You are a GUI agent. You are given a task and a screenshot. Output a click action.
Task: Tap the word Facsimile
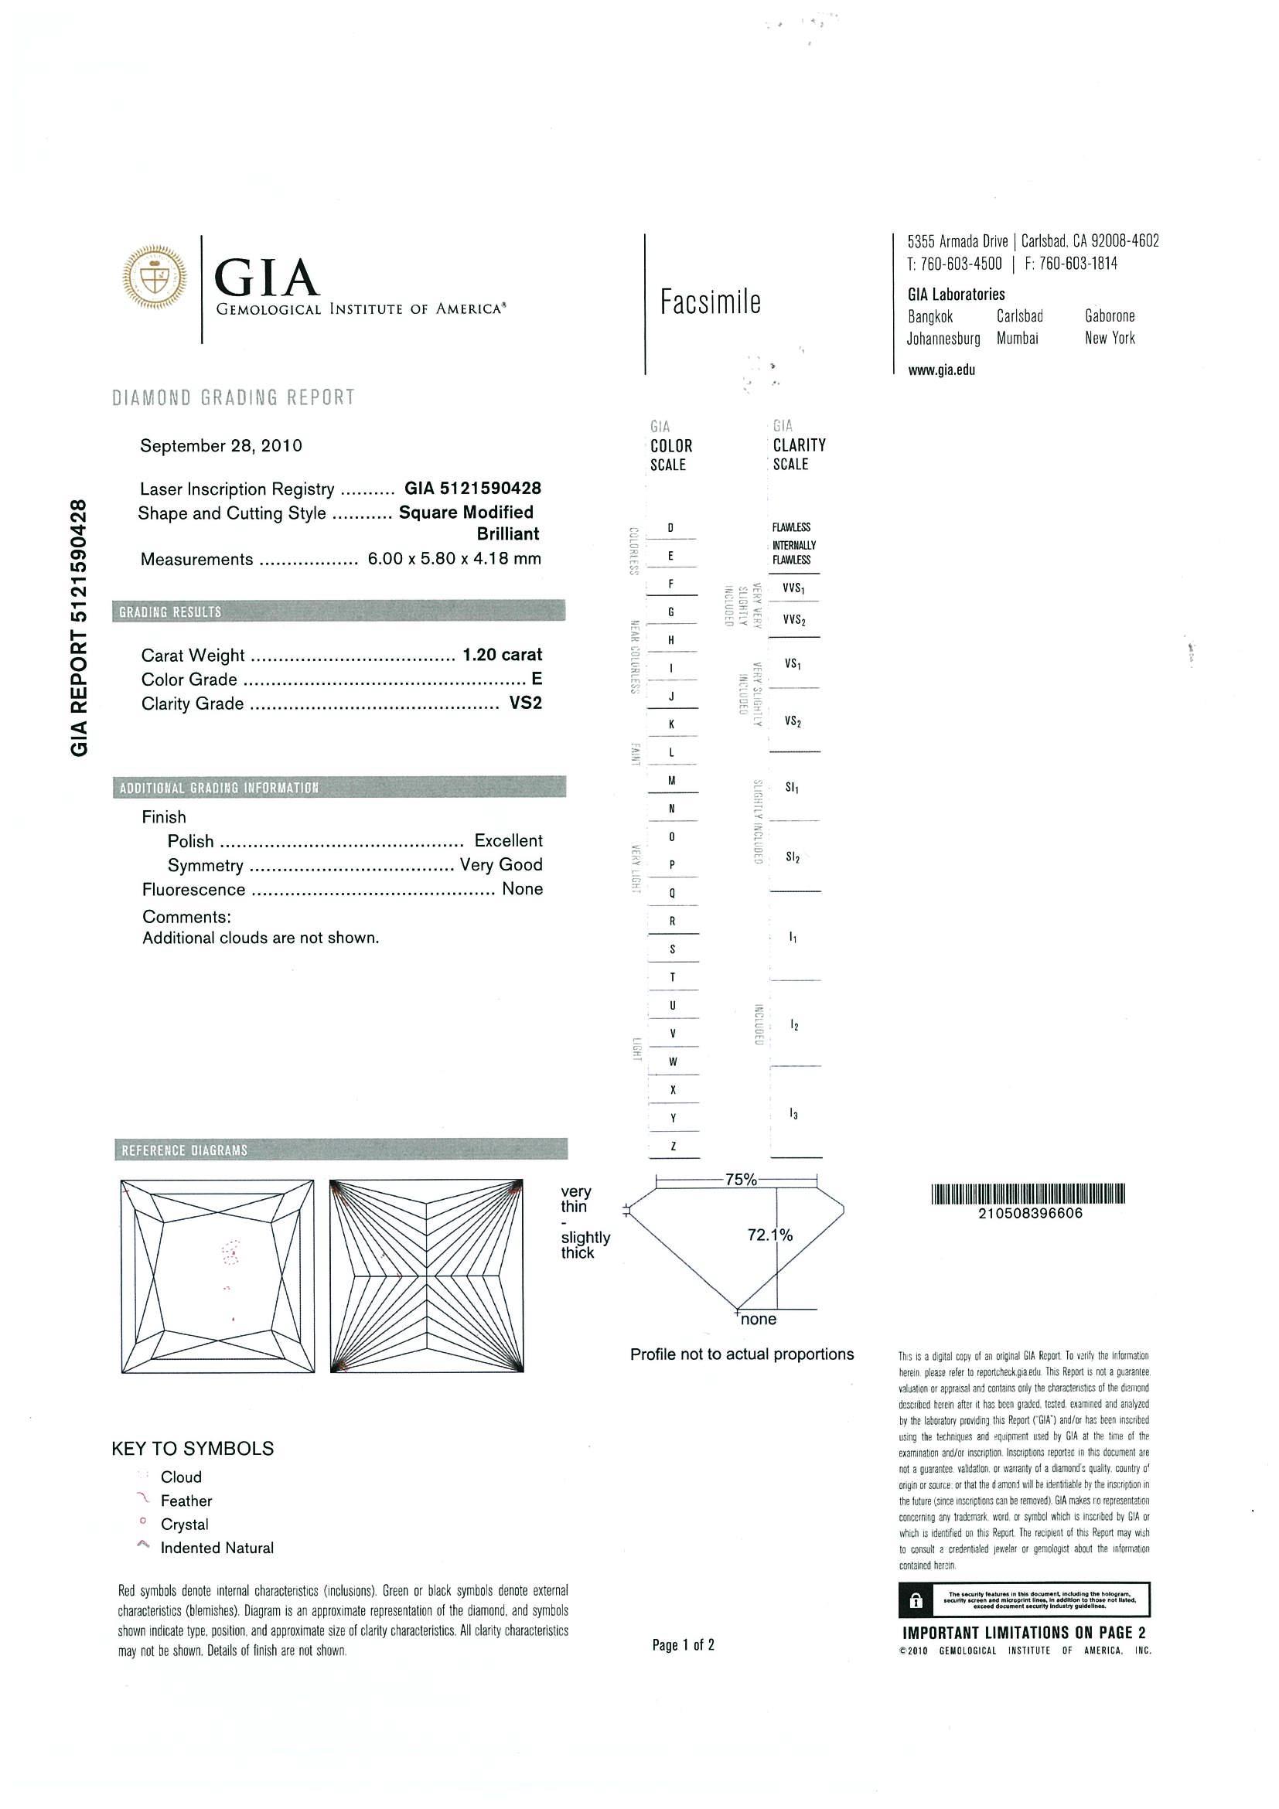(710, 302)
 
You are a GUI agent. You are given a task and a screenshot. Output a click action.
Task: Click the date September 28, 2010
(220, 446)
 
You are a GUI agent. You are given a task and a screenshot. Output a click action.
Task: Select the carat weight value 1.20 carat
(502, 655)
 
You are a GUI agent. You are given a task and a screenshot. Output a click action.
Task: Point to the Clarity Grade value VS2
(526, 703)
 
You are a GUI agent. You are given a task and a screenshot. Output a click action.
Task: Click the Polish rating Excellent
(508, 840)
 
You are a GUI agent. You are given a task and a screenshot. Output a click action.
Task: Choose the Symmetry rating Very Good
(501, 865)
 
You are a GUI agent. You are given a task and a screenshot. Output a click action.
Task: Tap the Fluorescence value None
(523, 890)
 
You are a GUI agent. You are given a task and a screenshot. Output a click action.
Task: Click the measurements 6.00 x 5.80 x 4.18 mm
(455, 560)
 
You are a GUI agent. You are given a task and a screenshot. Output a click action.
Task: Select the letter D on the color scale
(670, 528)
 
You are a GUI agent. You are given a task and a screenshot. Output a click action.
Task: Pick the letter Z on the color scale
(672, 1146)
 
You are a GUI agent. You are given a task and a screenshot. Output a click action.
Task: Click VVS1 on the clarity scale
(793, 588)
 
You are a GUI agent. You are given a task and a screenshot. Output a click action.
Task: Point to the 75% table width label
(740, 1180)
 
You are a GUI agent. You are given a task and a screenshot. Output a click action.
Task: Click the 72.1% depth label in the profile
(769, 1235)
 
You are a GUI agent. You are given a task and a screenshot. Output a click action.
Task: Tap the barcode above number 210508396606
(1028, 1195)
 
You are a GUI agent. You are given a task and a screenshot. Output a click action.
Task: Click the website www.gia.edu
(941, 370)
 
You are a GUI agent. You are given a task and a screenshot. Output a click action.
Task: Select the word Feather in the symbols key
(186, 1501)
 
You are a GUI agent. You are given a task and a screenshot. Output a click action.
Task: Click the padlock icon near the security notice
(915, 1601)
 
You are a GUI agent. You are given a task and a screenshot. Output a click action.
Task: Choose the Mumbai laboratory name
(1018, 339)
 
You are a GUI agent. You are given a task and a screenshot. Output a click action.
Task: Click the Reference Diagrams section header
(184, 1150)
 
